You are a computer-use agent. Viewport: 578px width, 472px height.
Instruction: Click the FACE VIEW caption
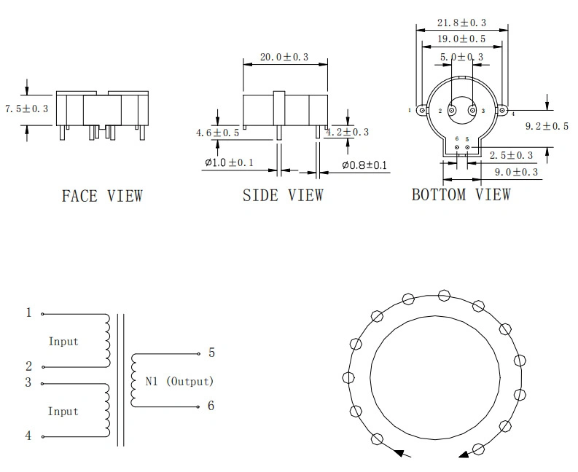coord(102,195)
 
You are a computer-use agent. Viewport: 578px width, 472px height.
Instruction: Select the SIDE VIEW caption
coord(283,195)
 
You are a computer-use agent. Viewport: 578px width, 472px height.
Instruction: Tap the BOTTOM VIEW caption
coord(461,194)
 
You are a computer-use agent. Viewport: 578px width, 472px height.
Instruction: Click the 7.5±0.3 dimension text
coord(26,109)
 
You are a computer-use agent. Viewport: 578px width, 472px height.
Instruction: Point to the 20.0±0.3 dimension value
coord(284,56)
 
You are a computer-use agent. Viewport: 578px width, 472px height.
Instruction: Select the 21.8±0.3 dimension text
coord(461,23)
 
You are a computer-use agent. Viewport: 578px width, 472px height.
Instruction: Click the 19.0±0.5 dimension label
coord(461,40)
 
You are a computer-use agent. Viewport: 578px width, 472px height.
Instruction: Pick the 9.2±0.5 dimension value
coord(547,126)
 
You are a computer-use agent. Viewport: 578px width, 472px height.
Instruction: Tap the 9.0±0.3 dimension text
coord(515,172)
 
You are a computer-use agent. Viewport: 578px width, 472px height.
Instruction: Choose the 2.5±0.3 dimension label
coord(511,155)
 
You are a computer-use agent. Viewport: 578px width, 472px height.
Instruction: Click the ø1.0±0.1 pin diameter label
coord(228,162)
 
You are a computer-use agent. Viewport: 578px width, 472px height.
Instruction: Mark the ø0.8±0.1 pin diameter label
coord(364,165)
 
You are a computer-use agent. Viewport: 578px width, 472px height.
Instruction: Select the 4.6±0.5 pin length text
coord(217,133)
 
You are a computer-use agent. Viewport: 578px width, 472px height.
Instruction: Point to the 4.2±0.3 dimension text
coord(348,132)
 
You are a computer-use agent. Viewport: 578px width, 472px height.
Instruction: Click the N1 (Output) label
coord(179,381)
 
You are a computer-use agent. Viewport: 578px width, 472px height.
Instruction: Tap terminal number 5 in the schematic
coord(211,353)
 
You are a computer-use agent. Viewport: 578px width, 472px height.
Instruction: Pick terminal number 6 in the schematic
coord(211,406)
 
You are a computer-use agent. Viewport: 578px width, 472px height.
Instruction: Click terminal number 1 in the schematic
coord(29,312)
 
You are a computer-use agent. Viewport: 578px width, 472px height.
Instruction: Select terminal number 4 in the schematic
coord(29,436)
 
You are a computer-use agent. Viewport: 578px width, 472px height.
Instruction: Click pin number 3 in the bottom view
coord(472,111)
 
